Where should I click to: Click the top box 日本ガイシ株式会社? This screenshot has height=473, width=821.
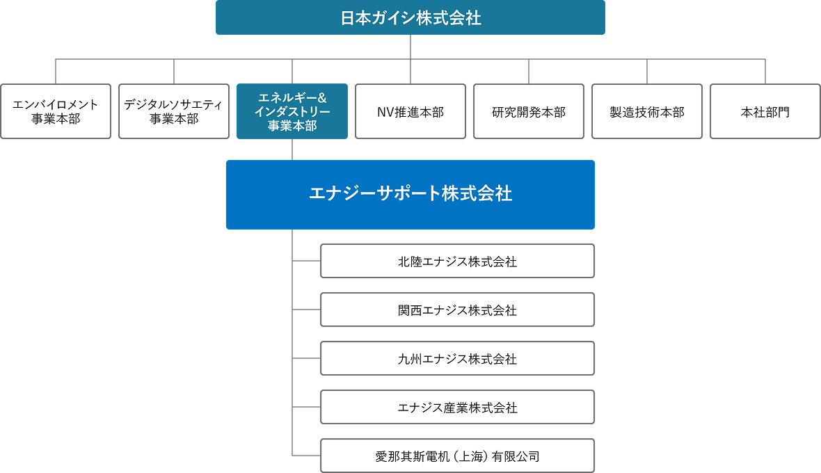point(410,17)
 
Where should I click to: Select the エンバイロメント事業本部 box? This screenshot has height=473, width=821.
point(56,111)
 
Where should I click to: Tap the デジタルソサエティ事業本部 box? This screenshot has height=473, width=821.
point(174,111)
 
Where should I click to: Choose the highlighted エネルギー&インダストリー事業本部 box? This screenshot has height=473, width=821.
point(292,111)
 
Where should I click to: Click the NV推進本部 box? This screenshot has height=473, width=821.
point(410,111)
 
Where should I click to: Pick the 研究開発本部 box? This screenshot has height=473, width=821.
point(529,111)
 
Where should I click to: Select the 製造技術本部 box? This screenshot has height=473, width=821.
point(647,111)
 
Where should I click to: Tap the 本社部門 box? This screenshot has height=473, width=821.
point(765,111)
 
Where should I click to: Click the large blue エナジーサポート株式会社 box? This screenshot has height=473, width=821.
point(410,194)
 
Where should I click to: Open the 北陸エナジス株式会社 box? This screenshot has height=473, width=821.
point(457,262)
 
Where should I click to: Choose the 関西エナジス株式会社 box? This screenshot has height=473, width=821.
point(457,310)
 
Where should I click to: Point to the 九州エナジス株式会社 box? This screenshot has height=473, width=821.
point(457,359)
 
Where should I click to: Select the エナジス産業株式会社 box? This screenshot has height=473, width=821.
point(457,408)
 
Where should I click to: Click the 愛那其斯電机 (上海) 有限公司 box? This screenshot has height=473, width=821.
point(457,456)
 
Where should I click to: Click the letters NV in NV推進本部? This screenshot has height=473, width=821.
point(385,112)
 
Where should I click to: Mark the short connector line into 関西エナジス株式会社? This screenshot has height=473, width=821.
point(306,310)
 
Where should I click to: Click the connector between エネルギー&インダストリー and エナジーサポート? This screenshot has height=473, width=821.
point(292,150)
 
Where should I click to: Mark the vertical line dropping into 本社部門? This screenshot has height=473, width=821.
point(765,72)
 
